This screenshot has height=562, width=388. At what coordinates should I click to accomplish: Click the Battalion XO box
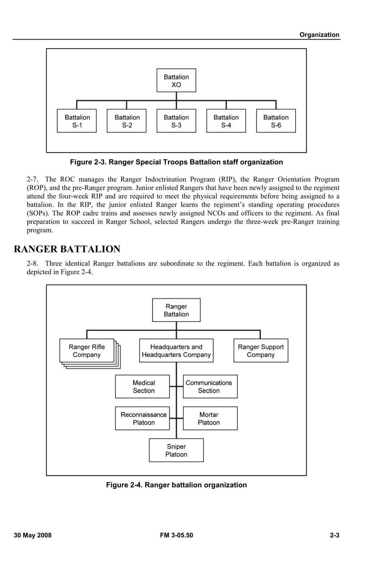pyautogui.click(x=176, y=81)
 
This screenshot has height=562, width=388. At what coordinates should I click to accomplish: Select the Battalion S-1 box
pyautogui.click(x=77, y=121)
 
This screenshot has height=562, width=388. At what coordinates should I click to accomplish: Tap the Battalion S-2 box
pyautogui.click(x=127, y=121)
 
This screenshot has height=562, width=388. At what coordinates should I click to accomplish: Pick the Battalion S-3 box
pyautogui.click(x=176, y=121)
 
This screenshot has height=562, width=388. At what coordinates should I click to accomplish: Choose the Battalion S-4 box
pyautogui.click(x=226, y=121)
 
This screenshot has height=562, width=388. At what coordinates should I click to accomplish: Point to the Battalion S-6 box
pyautogui.click(x=276, y=121)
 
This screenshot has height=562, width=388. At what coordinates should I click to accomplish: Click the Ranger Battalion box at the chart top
pyautogui.click(x=176, y=310)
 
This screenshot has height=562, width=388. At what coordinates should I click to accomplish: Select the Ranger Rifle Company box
pyautogui.click(x=87, y=351)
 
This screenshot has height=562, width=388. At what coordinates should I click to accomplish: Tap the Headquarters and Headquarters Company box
pyautogui.click(x=176, y=351)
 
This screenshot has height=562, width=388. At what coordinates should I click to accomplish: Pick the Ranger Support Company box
pyautogui.click(x=261, y=351)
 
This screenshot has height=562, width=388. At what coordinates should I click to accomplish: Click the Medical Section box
pyautogui.click(x=142, y=387)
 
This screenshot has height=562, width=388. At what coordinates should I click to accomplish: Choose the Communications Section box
pyautogui.click(x=210, y=387)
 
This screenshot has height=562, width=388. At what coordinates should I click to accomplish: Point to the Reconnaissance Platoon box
pyautogui.click(x=142, y=418)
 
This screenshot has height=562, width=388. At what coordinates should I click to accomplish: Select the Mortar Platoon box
pyautogui.click(x=210, y=418)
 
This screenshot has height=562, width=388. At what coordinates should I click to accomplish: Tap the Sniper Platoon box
pyautogui.click(x=176, y=450)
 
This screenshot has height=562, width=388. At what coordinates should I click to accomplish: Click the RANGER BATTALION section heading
pyautogui.click(x=67, y=249)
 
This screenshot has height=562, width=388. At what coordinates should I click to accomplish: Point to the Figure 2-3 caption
pyautogui.click(x=176, y=162)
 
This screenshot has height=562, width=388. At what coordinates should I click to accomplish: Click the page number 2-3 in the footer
pyautogui.click(x=334, y=535)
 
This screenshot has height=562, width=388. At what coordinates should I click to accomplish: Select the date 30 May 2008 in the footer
pyautogui.click(x=33, y=535)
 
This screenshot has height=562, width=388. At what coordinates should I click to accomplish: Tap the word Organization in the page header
pyautogui.click(x=319, y=35)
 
